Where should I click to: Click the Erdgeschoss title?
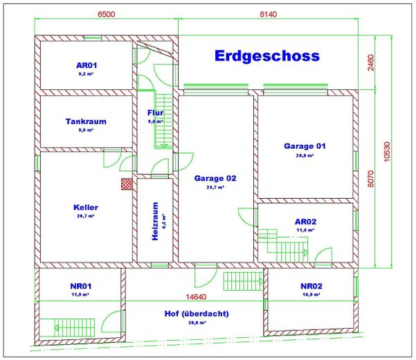266,55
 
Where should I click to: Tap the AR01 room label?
86,66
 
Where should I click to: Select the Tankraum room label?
86,121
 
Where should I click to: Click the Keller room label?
86,207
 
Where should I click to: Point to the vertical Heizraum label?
155,221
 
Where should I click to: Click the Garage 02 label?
215,178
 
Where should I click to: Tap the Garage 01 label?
305,146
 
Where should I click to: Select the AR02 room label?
305,222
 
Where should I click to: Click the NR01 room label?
81,286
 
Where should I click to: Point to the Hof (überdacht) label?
197,314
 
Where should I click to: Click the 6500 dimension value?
107,13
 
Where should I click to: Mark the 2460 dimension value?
370,63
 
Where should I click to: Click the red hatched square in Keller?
126,183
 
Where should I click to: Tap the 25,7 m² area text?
215,188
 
